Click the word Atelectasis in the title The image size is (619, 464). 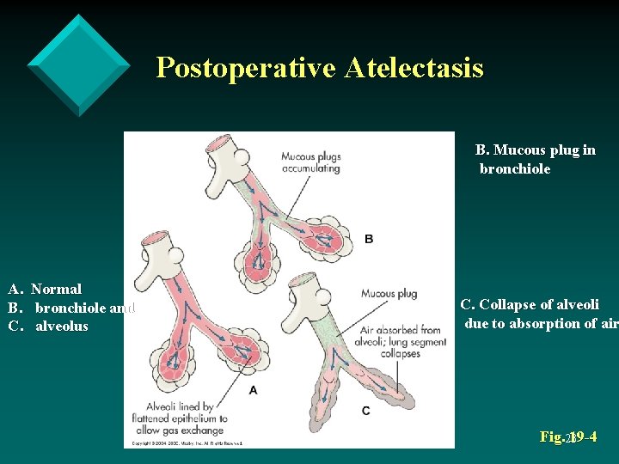click(414, 67)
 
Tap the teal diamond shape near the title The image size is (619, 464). click(79, 64)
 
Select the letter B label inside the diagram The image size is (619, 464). click(369, 238)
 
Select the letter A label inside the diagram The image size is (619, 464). click(253, 389)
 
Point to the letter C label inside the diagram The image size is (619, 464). click(366, 411)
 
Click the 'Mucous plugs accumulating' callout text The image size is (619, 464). click(310, 162)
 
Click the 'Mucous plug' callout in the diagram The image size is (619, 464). click(389, 293)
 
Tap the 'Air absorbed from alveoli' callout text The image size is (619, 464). click(401, 336)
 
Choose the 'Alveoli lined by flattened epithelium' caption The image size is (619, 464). click(185, 418)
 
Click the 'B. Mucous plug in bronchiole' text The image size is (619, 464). click(536, 160)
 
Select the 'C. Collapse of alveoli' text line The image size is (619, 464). click(530, 305)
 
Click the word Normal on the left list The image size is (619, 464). click(56, 290)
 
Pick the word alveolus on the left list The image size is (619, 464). click(62, 327)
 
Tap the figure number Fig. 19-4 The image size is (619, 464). click(568, 437)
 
